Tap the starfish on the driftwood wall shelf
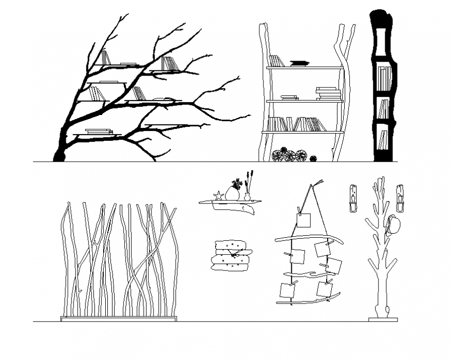tap(218, 196)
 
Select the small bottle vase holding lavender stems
tap(247, 197)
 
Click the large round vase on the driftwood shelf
tap(232, 194)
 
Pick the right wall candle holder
tap(400, 198)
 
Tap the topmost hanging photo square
tap(304, 220)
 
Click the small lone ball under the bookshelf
tap(313, 158)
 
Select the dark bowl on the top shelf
tap(299, 63)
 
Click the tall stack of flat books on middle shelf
tap(329, 94)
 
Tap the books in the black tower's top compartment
tap(384, 78)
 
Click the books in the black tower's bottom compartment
tap(383, 139)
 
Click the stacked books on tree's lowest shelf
tap(98, 132)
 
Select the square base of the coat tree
tap(383, 319)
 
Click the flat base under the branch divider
tap(119, 319)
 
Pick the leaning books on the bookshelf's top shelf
tap(275, 61)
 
